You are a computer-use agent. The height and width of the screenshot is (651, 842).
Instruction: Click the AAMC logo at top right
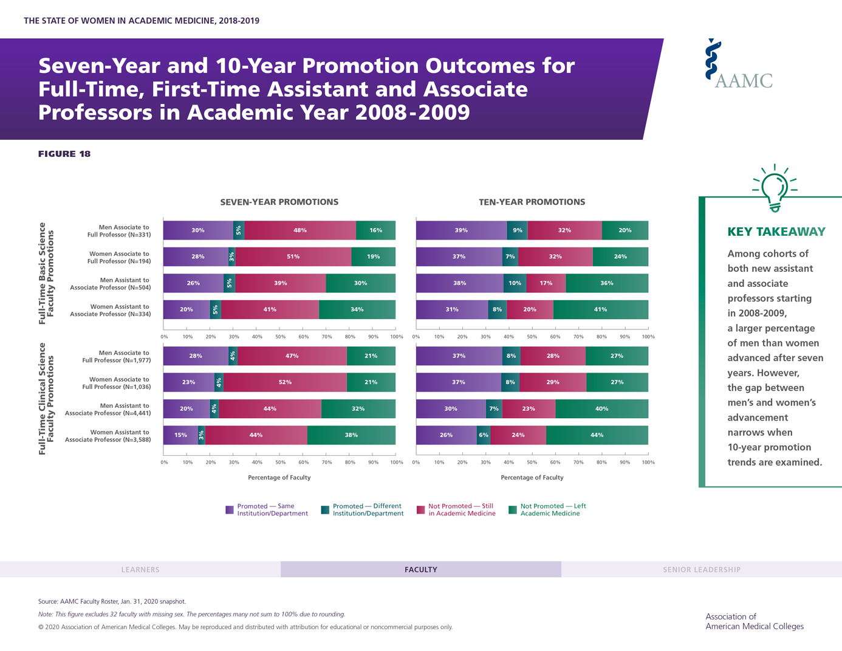(x=738, y=65)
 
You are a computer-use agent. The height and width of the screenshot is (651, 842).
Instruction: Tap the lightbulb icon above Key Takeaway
(x=775, y=188)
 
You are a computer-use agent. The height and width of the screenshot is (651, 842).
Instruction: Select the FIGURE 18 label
(x=64, y=154)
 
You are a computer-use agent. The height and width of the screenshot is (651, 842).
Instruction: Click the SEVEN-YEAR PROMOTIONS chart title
(x=279, y=202)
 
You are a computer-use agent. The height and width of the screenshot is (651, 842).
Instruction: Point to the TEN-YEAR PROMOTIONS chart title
(x=532, y=202)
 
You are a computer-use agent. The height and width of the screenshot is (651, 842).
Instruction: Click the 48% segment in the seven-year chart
(x=300, y=230)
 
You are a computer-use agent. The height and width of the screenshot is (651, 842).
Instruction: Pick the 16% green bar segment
(x=376, y=230)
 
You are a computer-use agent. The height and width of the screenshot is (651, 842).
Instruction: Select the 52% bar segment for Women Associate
(x=285, y=382)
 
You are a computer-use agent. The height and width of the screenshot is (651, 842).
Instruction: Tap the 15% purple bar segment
(x=180, y=435)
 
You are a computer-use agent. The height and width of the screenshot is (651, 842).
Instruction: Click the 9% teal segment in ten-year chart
(x=517, y=230)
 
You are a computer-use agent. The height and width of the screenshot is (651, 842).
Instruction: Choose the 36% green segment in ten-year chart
(x=606, y=283)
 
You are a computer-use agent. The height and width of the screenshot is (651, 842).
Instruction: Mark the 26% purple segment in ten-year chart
(x=446, y=435)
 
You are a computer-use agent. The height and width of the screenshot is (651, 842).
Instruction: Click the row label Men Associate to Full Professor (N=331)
(x=118, y=231)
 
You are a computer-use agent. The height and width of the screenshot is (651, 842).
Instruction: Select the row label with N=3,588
(x=107, y=436)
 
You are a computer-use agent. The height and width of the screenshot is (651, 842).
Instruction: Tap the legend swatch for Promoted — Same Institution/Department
(x=230, y=510)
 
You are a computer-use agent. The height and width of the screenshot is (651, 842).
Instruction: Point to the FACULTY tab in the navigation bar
(x=421, y=570)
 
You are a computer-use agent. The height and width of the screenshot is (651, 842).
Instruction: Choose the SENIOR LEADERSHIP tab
(x=702, y=570)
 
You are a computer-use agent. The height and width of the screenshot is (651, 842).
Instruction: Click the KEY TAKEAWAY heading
(x=776, y=232)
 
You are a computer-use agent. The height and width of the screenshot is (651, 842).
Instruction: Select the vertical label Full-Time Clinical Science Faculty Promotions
(x=46, y=399)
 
